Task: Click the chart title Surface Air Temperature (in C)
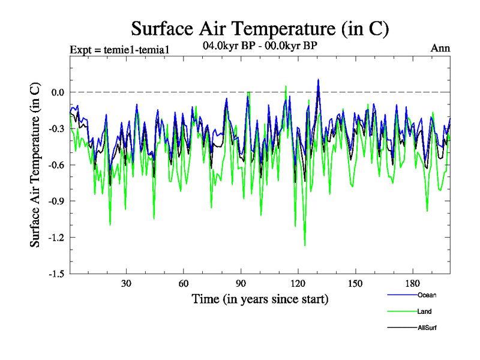260,28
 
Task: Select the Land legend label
424,311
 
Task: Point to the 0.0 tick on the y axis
58,92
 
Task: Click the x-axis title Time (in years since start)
260,298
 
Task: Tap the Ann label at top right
440,49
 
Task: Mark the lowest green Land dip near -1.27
305,245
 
